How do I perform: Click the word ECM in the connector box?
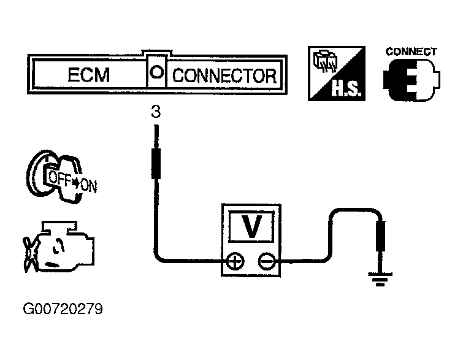point(88,75)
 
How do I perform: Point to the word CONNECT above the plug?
point(411,52)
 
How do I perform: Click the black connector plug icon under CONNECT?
point(410,80)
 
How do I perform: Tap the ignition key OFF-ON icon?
point(61,175)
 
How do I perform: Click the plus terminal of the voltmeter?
point(235,262)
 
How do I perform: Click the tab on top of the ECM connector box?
point(157,53)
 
